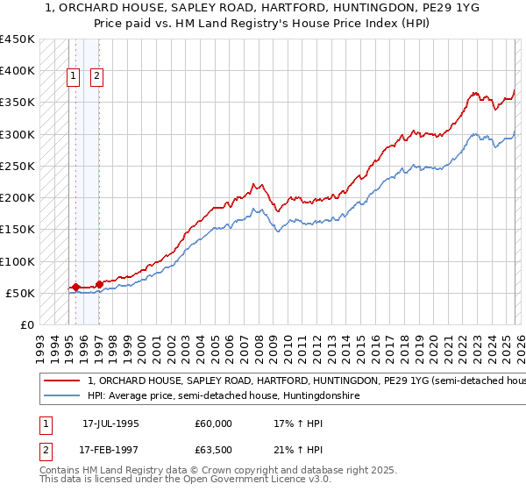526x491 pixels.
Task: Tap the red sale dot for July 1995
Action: (x=75, y=287)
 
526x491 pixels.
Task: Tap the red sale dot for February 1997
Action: (x=99, y=284)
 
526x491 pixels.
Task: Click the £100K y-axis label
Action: (x=18, y=261)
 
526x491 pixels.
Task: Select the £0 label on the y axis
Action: (x=25, y=325)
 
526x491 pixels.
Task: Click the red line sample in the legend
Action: (x=61, y=381)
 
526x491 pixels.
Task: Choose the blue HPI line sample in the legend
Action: (x=61, y=396)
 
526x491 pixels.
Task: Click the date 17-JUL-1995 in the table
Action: (x=116, y=423)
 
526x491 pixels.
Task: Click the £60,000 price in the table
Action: (x=213, y=423)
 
